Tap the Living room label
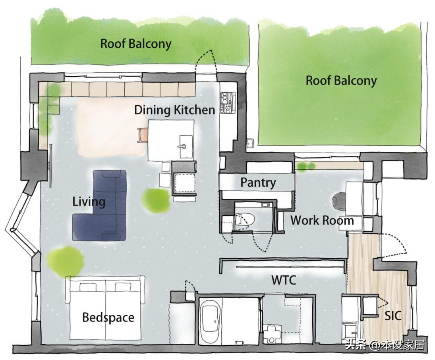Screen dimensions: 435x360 89,202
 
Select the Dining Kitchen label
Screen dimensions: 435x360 174,110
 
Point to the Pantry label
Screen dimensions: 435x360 258,183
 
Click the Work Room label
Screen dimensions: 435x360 322,221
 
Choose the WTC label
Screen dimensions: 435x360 284,280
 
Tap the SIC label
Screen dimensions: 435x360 393,315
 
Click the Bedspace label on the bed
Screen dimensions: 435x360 108,317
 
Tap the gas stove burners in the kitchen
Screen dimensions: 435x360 228,103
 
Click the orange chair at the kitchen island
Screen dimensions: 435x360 143,135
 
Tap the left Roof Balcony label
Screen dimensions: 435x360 135,44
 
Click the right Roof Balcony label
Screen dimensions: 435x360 341,81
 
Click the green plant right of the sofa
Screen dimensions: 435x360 156,200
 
